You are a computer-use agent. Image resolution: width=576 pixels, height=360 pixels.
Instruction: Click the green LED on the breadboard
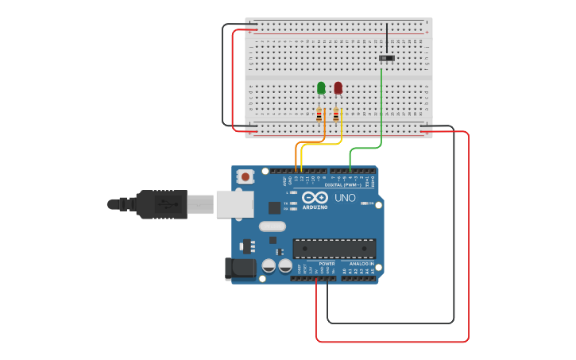click(x=321, y=87)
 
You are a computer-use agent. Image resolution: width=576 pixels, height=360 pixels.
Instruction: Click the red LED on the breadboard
click(x=338, y=87)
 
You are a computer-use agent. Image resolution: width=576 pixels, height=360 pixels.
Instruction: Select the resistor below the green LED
click(x=319, y=115)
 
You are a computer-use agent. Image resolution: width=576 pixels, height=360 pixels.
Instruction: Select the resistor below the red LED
click(x=336, y=115)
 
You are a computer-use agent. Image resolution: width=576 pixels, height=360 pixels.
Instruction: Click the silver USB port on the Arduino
click(x=234, y=204)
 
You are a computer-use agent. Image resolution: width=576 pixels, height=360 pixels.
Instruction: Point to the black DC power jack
click(x=240, y=269)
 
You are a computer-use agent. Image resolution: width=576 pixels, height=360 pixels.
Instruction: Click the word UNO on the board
click(x=345, y=198)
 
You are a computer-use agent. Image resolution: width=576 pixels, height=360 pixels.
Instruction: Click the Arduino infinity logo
click(x=315, y=198)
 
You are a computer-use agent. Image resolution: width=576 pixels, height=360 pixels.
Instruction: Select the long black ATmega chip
click(x=334, y=249)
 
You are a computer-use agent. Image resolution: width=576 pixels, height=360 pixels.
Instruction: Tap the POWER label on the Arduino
click(x=327, y=263)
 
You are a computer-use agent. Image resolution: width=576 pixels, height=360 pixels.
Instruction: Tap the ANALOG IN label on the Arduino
click(x=361, y=263)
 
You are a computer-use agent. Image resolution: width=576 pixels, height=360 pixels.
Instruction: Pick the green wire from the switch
click(x=382, y=111)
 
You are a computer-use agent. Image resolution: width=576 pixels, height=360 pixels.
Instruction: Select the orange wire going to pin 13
click(x=296, y=155)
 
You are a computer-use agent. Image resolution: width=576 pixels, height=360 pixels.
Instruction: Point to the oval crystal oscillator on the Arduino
click(x=271, y=226)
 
